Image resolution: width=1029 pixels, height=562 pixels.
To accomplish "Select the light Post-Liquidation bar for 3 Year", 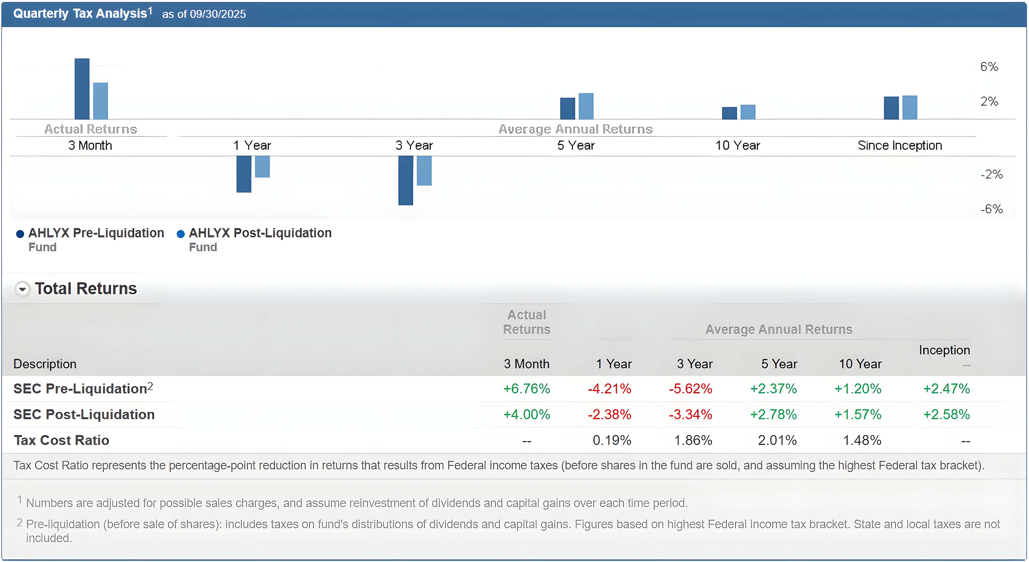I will click(424, 171).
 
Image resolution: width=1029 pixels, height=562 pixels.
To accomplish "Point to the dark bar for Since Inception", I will click(891, 108).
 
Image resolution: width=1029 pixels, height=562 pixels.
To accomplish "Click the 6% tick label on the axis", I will click(989, 67).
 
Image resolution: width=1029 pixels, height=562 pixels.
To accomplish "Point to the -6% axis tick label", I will click(991, 209).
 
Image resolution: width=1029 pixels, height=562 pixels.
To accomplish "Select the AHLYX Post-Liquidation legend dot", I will click(181, 234).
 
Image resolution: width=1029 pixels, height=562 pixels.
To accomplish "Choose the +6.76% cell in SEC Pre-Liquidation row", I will click(527, 388).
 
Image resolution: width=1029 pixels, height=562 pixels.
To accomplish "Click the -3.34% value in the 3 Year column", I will click(690, 415).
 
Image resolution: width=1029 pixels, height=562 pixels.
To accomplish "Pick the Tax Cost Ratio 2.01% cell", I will click(777, 440).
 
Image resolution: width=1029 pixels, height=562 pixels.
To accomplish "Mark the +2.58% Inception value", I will click(946, 415).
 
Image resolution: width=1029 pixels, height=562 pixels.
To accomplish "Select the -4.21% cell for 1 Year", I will click(609, 388).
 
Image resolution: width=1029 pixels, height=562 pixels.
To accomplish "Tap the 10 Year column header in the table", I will click(860, 364).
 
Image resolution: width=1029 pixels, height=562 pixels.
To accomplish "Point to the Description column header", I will click(45, 364).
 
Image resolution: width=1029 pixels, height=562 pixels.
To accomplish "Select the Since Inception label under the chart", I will click(900, 145).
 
